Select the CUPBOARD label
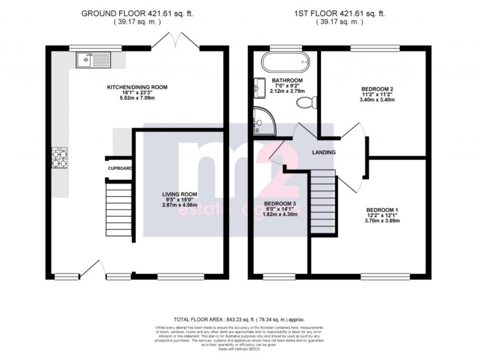(x=120, y=168)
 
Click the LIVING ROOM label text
(x=179, y=194)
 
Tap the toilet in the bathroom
(x=308, y=102)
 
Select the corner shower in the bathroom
(x=263, y=120)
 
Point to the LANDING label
(x=324, y=152)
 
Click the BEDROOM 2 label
(x=378, y=89)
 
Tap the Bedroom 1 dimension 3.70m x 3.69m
(x=382, y=221)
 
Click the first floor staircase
(x=323, y=202)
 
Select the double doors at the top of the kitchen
(x=175, y=41)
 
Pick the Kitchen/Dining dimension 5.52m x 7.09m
(x=137, y=99)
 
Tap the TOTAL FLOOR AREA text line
(x=238, y=319)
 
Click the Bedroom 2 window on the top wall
(x=375, y=47)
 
